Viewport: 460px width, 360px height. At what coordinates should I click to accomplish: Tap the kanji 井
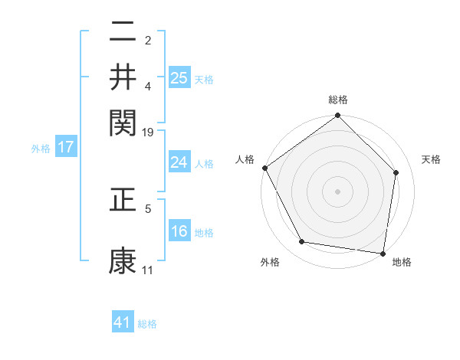coord(123,76)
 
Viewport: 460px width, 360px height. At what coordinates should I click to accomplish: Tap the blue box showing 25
coord(179,77)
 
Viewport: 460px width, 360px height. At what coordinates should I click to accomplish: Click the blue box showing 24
coord(179,162)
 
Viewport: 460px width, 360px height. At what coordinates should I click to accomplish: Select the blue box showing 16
coord(179,231)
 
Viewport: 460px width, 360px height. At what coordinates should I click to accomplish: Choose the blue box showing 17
coord(66,147)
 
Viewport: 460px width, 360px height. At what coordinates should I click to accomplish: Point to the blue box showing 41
coord(123,322)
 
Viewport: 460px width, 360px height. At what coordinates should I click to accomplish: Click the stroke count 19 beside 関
coord(149,133)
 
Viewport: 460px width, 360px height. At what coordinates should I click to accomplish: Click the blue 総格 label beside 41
coord(147,324)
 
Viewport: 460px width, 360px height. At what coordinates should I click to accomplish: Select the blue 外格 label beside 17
coord(41,149)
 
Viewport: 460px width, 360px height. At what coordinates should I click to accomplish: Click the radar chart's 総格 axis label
coord(338,100)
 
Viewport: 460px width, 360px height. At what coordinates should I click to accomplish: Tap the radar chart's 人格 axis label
coord(245,159)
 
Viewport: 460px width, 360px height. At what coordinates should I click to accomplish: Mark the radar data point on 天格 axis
coord(396,173)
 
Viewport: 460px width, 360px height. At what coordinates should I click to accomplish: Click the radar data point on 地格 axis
coord(383,253)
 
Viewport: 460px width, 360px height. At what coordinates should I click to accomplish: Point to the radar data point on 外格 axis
coord(302,242)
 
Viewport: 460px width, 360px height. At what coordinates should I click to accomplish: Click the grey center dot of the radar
coord(338,191)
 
